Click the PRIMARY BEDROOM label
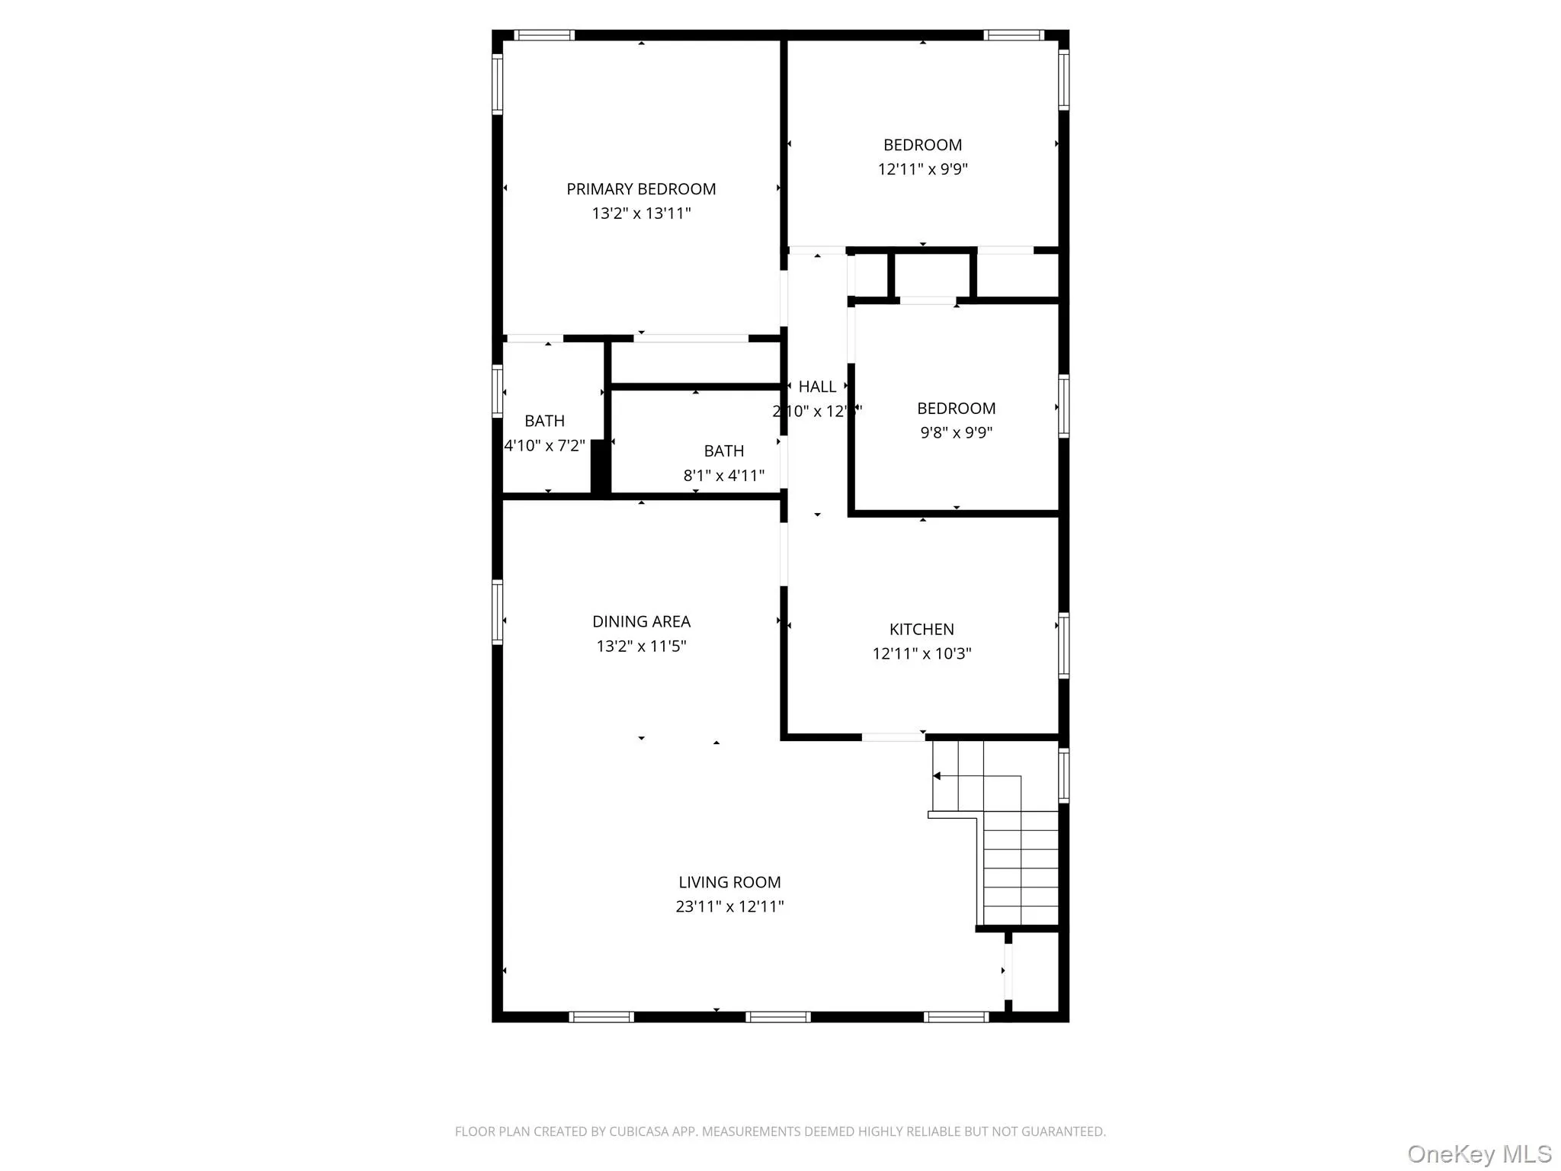(x=641, y=189)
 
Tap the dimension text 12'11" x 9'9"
(x=922, y=169)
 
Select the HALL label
(x=817, y=387)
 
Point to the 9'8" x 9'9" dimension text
(x=956, y=432)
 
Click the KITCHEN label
(x=922, y=629)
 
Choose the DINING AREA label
(x=641, y=621)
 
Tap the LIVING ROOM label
(x=729, y=882)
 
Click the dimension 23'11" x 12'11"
(x=729, y=906)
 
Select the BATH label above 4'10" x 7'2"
(x=544, y=421)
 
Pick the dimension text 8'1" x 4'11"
(x=723, y=476)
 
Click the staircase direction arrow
(x=937, y=776)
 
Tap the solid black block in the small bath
(x=601, y=466)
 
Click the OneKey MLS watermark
(x=1479, y=1153)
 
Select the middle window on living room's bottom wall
(x=777, y=1016)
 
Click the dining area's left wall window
(x=498, y=612)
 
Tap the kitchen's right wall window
(x=1063, y=645)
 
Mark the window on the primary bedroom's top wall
(x=543, y=35)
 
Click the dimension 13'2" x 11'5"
(x=641, y=646)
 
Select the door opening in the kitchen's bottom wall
(x=893, y=737)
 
